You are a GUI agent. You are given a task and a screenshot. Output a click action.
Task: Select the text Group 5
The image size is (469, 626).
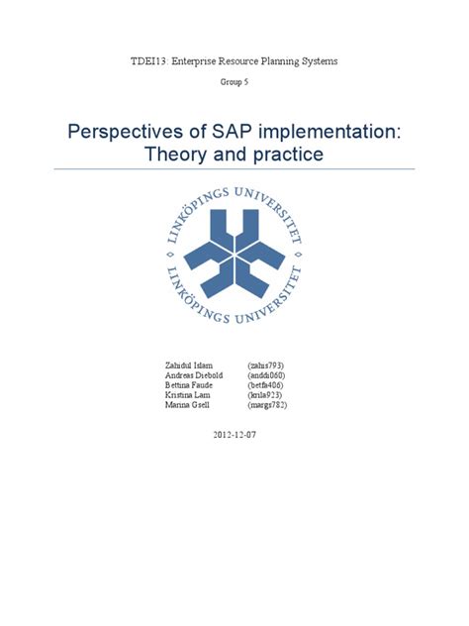pos(234,84)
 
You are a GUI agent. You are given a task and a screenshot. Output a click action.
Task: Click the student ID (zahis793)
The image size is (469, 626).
pos(266,365)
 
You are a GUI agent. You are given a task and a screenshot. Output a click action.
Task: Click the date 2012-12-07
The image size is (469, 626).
pos(234,435)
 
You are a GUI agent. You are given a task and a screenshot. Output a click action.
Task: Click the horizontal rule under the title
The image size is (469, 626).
pos(234,169)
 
